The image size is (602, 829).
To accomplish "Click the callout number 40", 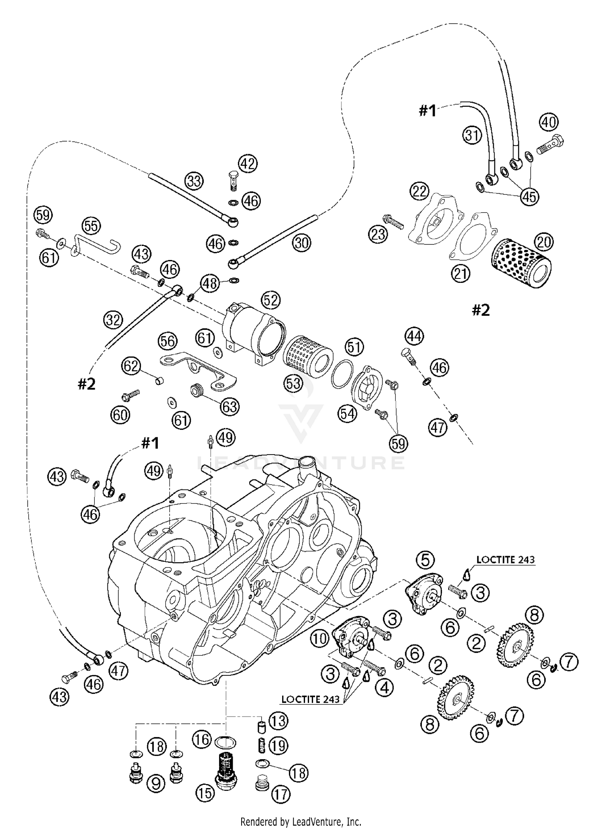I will coord(549,122).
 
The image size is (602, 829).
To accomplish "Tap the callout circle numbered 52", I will coord(270,300).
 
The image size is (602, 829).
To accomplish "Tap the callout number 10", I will coord(320,639).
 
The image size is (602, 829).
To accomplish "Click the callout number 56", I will coord(167,341).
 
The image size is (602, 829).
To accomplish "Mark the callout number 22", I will coord(419,192).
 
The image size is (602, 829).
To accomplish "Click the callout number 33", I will coord(194,181).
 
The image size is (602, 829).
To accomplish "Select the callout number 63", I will coord(230,407).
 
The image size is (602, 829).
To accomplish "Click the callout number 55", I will coord(91,226).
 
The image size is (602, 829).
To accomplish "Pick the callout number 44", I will coord(414,336).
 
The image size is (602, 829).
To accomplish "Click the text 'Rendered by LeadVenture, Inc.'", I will coord(301,821).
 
